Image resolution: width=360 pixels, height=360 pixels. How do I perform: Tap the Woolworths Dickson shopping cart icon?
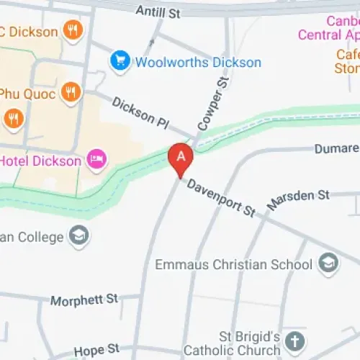[120, 62]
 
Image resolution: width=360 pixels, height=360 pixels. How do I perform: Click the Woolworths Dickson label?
[199, 63]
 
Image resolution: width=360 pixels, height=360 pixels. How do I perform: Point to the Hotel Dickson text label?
[41, 160]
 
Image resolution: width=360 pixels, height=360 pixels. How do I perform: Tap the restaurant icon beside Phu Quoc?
[70, 92]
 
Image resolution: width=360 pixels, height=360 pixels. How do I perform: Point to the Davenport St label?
[222, 198]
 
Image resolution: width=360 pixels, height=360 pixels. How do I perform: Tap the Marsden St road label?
[297, 199]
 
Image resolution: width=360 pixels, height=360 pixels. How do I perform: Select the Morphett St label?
[84, 298]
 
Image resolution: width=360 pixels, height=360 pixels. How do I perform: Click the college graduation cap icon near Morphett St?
[78, 235]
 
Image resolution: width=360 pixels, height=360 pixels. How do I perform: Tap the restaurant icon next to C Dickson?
[71, 30]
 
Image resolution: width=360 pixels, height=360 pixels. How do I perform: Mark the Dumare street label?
[337, 148]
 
